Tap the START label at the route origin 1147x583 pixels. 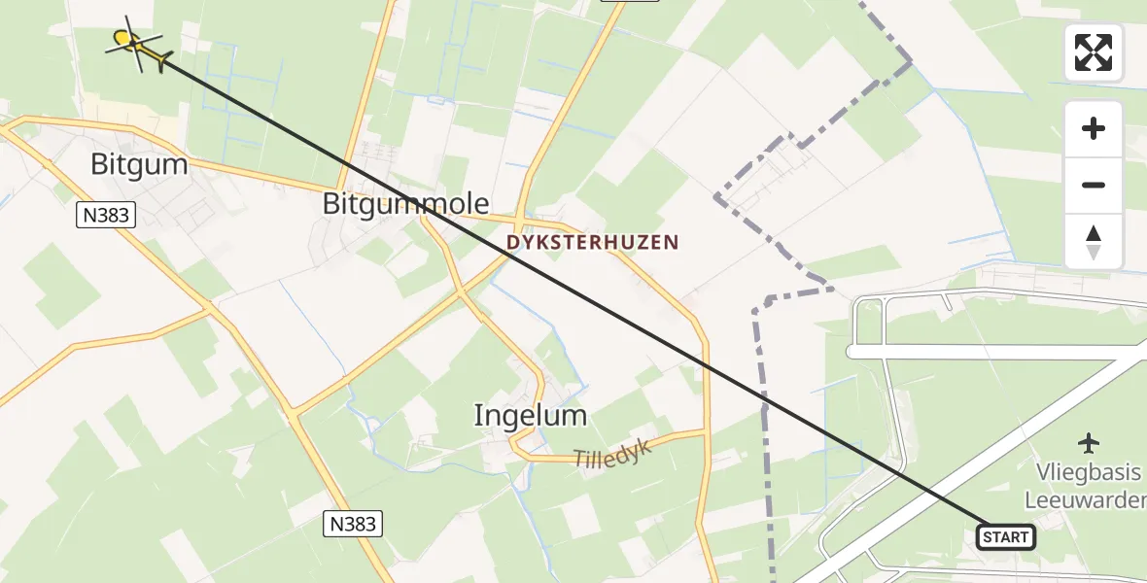pos(1005,536)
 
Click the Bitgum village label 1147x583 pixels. pos(139,164)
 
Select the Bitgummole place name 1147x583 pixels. pos(405,204)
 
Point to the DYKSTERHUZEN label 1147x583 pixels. pos(592,243)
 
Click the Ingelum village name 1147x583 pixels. pos(530,416)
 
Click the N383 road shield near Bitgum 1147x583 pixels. pos(105,215)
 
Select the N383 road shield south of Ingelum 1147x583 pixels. pos(352,525)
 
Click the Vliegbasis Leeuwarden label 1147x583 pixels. pos(1084,486)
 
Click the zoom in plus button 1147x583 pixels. pos(1094,128)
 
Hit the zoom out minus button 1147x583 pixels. pos(1094,185)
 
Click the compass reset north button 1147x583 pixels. pos(1094,242)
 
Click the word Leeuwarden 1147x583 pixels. pos(1085,500)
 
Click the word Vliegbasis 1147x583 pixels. pos(1086,473)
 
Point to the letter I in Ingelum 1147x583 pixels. pos(477,416)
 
